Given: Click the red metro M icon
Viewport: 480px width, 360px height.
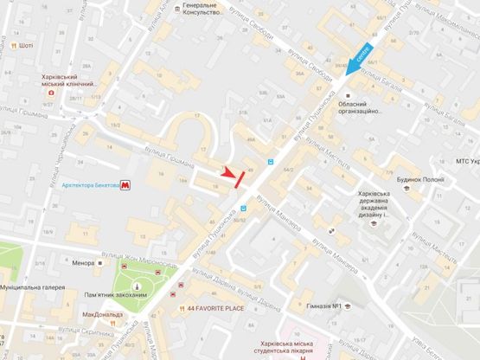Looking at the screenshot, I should pyautogui.click(x=126, y=184).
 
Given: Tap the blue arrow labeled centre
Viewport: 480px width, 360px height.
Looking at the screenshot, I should pyautogui.click(x=360, y=56).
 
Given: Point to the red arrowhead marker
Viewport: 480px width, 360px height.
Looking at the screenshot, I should pyautogui.click(x=230, y=172).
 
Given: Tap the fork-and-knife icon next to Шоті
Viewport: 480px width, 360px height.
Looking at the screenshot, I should pyautogui.click(x=14, y=45).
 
